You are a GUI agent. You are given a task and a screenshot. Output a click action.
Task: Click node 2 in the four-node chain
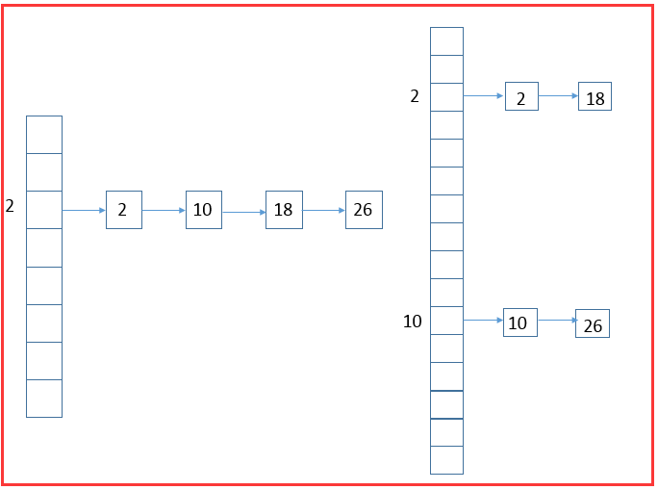pos(123,210)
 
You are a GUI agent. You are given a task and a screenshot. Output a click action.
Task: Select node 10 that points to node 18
pos(203,210)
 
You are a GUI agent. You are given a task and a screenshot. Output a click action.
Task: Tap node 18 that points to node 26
pos(283,210)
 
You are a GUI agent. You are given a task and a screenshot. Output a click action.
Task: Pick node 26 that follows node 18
pos(363,210)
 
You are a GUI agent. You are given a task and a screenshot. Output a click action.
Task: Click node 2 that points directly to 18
pos(520,96)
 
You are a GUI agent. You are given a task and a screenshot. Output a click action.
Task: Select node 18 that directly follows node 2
pos(595,97)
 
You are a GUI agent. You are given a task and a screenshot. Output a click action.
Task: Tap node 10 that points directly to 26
pos(519,322)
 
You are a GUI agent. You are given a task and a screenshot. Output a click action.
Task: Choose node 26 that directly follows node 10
pos(592,324)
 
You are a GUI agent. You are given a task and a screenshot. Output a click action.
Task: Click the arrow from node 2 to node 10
pos(164,210)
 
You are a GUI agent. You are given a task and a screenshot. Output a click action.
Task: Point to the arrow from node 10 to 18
pos(243,211)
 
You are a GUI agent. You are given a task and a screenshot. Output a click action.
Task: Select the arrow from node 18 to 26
pos(323,210)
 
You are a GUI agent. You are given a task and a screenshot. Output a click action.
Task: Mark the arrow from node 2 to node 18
pos(558,96)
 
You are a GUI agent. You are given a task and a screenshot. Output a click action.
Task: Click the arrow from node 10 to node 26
pos(556,321)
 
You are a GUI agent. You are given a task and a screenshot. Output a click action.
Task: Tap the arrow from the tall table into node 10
pos(483,320)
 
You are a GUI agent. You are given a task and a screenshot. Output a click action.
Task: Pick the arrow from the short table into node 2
pos(84,210)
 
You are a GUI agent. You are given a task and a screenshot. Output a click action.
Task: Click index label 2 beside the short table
pos(10,206)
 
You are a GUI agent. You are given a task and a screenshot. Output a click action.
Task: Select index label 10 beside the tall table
pos(412,322)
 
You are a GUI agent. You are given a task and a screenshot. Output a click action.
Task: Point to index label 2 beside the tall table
pos(415,96)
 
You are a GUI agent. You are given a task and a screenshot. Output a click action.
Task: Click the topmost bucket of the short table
pos(44,135)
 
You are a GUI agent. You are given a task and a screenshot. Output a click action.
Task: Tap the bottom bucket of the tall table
pos(446,460)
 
